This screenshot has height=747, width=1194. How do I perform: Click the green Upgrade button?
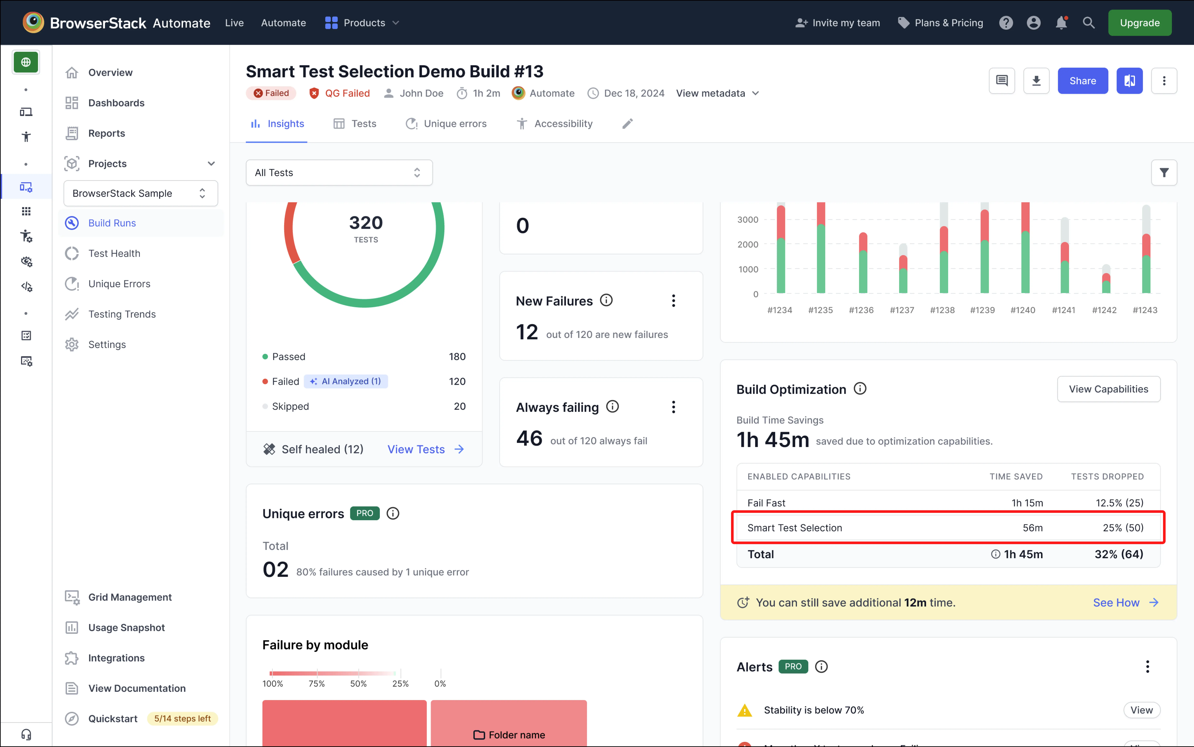pos(1139,23)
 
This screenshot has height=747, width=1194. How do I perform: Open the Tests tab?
pos(355,124)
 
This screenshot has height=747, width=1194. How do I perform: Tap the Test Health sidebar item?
pos(114,254)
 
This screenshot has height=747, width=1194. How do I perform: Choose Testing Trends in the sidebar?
pos(122,314)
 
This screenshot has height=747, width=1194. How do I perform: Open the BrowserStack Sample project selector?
pos(140,193)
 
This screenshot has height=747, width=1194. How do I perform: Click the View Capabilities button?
pos(1108,389)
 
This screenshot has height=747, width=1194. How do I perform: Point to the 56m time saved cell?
pos(1032,528)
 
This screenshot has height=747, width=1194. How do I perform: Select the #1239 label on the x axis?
pos(982,310)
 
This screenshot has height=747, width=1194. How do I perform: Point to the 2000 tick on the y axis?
pos(747,244)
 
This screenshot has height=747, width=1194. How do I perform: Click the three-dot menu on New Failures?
pos(673,301)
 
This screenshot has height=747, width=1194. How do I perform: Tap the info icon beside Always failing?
pos(612,407)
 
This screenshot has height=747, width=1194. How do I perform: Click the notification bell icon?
pos(1061,23)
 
